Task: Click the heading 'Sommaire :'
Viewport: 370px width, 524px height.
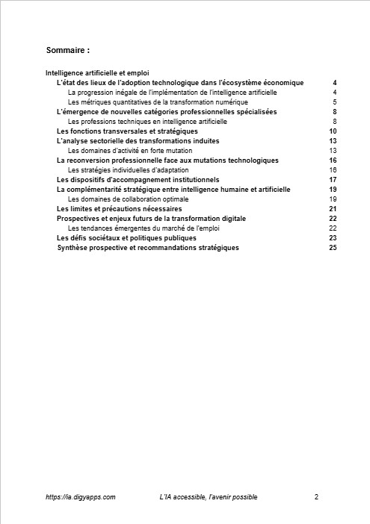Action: click(x=67, y=51)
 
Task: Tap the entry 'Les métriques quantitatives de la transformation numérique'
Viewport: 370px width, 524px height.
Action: click(x=157, y=102)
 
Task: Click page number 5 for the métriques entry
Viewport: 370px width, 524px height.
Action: click(x=335, y=102)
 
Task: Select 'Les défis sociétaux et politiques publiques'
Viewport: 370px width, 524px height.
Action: click(x=127, y=238)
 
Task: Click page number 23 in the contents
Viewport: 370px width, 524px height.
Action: click(x=333, y=238)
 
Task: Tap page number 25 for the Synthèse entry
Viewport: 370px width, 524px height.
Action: click(x=333, y=248)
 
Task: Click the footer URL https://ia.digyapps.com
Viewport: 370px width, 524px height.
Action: click(x=80, y=496)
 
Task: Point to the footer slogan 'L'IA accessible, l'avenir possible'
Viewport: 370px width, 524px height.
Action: click(x=209, y=496)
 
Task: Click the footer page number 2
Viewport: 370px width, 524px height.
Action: click(x=317, y=496)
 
